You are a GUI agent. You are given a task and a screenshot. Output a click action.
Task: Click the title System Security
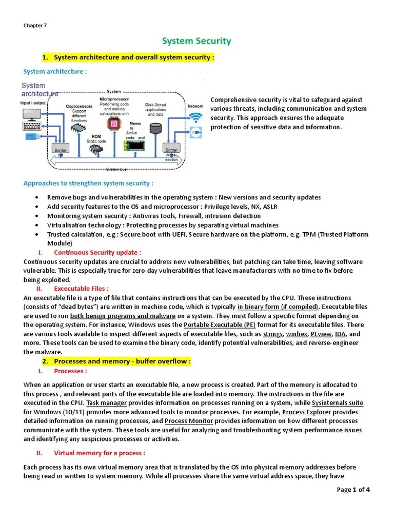click(196, 41)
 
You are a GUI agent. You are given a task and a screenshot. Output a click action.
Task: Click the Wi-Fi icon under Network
click(195, 118)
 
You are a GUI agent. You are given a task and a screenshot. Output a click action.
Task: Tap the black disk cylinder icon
click(155, 127)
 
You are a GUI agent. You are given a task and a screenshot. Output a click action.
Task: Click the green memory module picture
click(135, 146)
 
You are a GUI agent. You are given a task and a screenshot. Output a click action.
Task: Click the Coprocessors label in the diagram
click(79, 107)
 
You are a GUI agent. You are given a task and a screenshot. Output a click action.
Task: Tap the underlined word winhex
click(297, 333)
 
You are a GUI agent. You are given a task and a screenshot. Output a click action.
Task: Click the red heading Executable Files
click(81, 289)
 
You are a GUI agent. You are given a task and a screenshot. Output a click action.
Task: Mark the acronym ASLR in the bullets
click(252, 206)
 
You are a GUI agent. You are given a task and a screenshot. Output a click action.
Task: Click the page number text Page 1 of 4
click(353, 490)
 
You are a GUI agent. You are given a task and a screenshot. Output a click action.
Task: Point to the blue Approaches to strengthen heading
click(88, 183)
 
